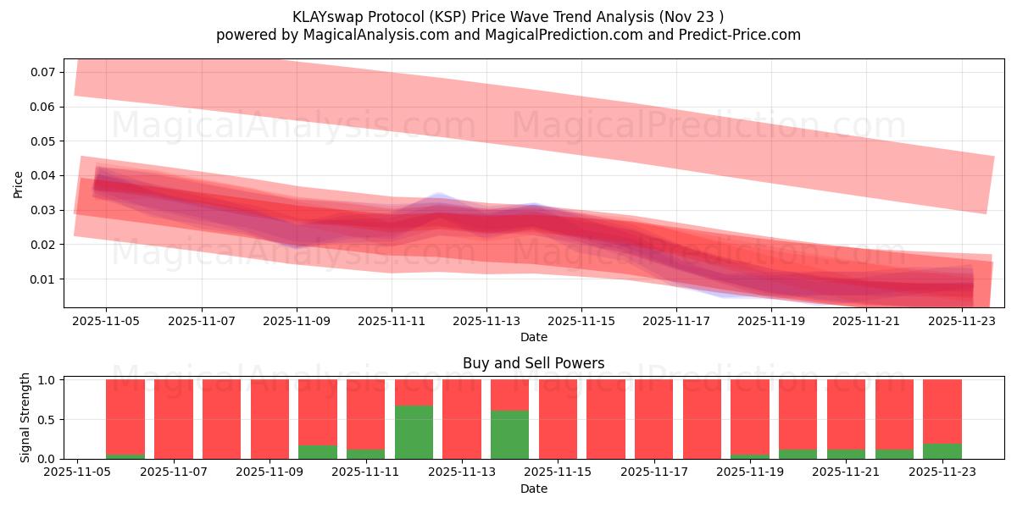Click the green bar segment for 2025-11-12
(414, 433)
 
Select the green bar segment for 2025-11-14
(509, 435)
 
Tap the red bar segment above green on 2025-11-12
(414, 393)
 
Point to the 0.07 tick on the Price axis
(44, 72)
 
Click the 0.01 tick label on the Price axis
(44, 279)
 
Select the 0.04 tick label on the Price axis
(44, 176)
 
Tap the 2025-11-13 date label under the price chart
(486, 322)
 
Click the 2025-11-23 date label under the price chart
(962, 322)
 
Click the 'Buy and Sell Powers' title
(533, 363)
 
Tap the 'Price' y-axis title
(19, 184)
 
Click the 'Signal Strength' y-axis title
(25, 417)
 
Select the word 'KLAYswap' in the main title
(324, 17)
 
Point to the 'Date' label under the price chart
(533, 337)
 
